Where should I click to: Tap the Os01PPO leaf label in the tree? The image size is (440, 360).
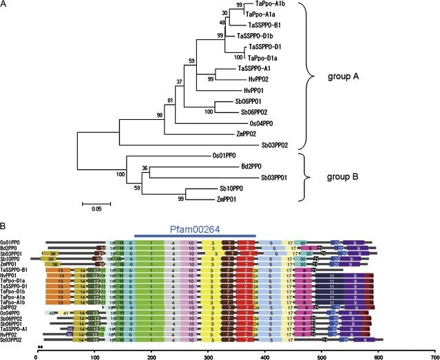[227, 156]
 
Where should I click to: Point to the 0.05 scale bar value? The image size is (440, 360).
[92, 211]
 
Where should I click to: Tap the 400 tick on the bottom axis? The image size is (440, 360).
[264, 356]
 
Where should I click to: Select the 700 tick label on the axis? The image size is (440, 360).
[434, 356]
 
